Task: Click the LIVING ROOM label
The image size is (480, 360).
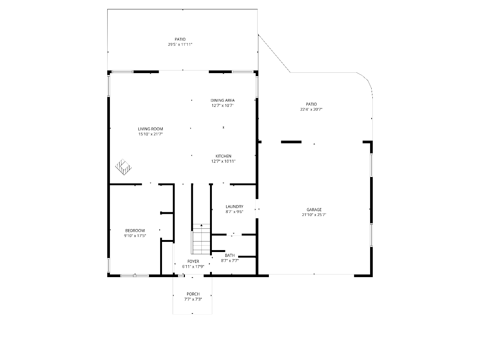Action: coord(150,129)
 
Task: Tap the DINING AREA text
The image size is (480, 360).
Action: coord(222,100)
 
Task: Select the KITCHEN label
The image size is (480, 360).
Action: coord(223,156)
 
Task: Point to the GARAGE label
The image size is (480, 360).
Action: coord(314,210)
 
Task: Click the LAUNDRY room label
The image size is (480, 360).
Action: coord(234,207)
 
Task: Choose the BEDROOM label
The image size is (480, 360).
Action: coord(135,231)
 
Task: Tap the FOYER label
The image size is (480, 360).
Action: coord(193,261)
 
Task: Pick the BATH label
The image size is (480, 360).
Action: coord(230,255)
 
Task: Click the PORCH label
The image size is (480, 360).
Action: coord(193,294)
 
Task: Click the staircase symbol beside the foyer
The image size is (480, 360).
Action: coord(201,239)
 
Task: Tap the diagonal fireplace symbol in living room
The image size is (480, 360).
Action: coord(123,167)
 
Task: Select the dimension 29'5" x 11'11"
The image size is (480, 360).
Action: coord(180,44)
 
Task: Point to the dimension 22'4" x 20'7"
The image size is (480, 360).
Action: coord(311,109)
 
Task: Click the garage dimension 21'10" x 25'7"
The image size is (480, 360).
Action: coord(314,214)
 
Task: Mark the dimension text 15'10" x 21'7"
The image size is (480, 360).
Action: coord(150,134)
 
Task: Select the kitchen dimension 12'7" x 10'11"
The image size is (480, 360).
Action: coord(223,161)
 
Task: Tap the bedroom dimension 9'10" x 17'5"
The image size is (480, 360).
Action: coord(135,235)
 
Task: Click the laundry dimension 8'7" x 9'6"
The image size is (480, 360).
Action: coord(234,211)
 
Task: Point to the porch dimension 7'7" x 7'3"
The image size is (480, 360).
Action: coord(193,299)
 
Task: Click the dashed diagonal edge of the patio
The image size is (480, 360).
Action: coord(274,53)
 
